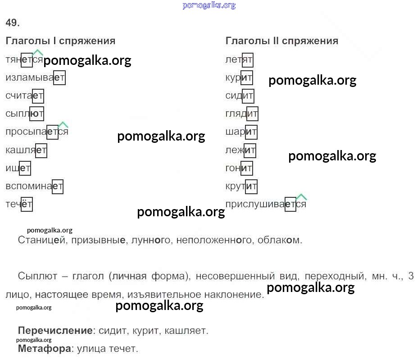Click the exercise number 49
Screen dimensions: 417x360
(x=13, y=23)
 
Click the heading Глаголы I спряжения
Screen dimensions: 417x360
(x=60, y=41)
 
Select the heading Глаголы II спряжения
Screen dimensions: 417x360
(x=281, y=41)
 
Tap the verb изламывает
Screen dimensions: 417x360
(x=35, y=77)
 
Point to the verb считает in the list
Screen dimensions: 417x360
(x=24, y=96)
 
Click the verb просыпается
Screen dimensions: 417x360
(x=37, y=132)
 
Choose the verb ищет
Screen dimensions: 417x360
(x=18, y=168)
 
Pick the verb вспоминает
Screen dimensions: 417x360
(x=34, y=186)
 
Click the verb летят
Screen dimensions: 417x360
(x=239, y=60)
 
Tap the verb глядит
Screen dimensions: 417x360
(x=241, y=114)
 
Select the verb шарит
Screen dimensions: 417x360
(x=241, y=132)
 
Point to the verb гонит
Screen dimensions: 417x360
(x=239, y=168)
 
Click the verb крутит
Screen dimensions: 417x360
(x=241, y=186)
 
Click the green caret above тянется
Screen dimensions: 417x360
(x=37, y=52)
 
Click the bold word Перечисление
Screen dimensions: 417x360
(x=55, y=331)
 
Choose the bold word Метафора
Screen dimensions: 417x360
(x=45, y=349)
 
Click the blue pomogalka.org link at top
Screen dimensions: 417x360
(x=209, y=5)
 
